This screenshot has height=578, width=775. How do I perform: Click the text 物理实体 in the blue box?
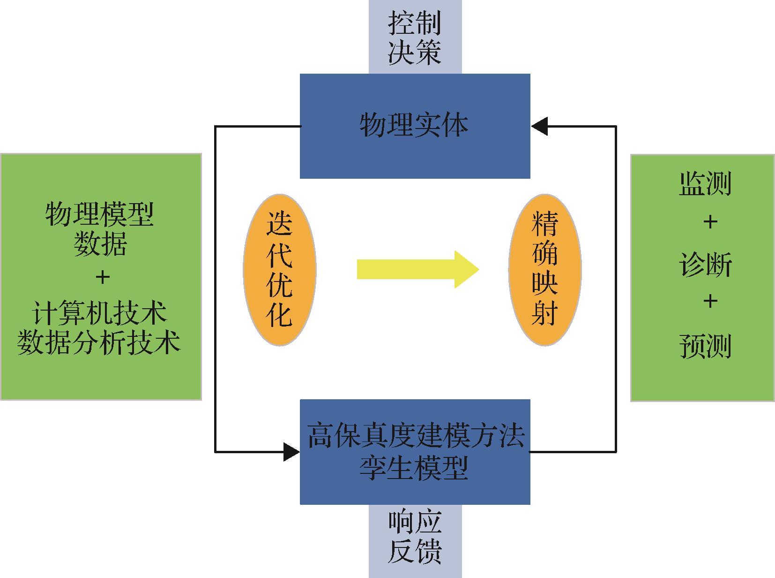tap(414, 126)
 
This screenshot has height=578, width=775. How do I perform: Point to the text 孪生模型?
tap(414, 468)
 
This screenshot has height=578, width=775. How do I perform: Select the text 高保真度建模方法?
tap(415, 436)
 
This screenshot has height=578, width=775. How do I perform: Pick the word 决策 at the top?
tap(415, 52)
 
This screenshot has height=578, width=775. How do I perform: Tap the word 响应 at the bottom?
tap(415, 522)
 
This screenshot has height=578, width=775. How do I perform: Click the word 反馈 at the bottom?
tap(415, 552)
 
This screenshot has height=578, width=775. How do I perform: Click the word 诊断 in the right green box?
tap(705, 266)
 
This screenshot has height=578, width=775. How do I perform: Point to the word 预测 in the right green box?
tap(705, 346)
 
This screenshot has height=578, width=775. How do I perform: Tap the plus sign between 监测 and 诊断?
tap(710, 222)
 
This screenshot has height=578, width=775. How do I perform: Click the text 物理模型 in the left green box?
tap(100, 214)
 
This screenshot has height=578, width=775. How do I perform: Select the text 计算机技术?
tap(100, 312)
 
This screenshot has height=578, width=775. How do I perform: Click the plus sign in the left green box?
tap(102, 278)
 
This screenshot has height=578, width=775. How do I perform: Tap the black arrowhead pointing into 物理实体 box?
tap(539, 126)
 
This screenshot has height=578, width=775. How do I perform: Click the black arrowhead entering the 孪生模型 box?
tap(292, 452)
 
